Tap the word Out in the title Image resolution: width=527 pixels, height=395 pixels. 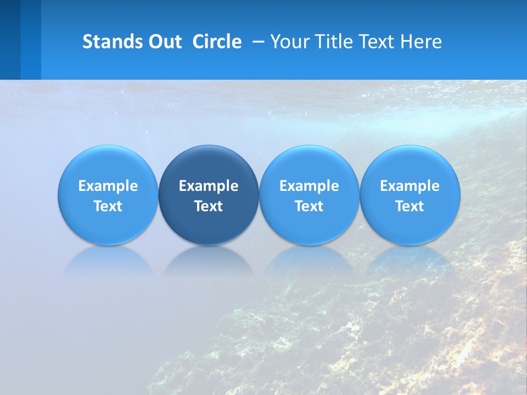164,42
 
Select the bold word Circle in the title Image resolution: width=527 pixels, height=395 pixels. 217,42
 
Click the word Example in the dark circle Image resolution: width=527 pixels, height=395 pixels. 209,186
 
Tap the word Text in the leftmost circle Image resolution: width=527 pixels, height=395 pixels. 108,206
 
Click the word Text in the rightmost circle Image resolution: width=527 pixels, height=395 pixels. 410,206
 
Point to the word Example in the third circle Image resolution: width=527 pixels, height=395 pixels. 309,186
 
